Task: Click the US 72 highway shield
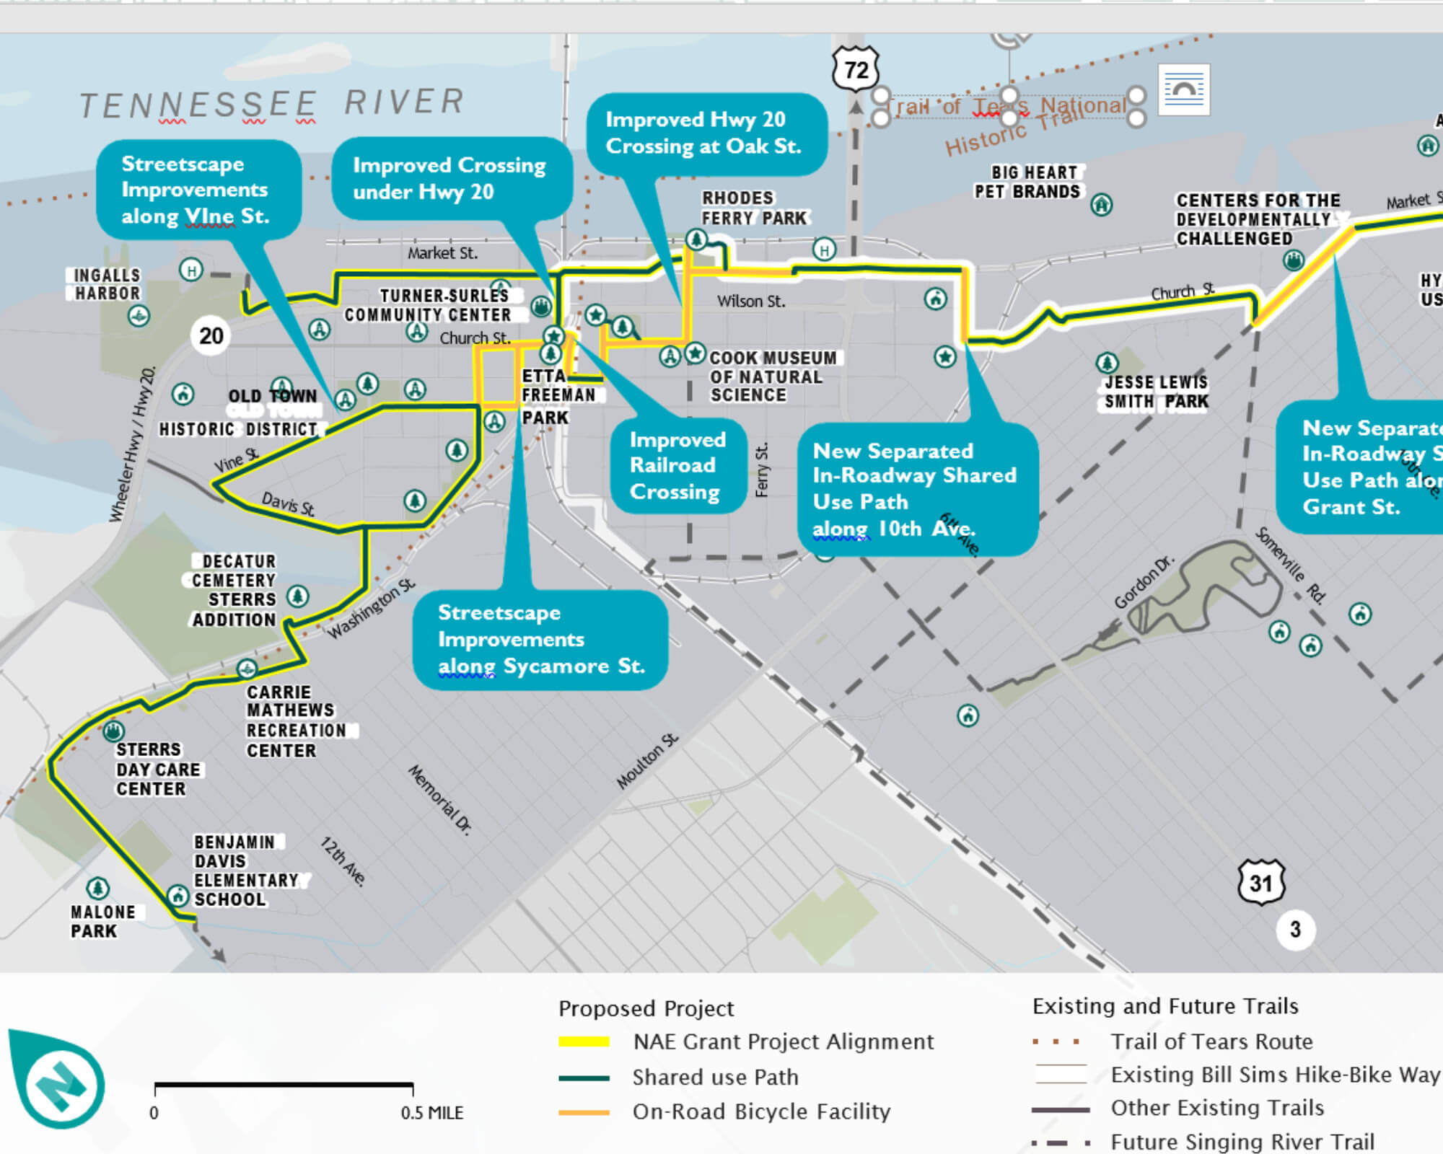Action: click(x=856, y=70)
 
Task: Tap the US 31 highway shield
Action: click(x=1260, y=882)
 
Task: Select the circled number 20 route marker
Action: click(x=211, y=335)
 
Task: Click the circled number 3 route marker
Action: click(x=1295, y=929)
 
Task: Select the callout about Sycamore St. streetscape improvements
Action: click(x=540, y=640)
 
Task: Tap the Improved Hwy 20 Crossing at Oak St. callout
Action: click(x=704, y=133)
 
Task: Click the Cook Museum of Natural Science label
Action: click(x=772, y=376)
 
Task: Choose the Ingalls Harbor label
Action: click(x=107, y=284)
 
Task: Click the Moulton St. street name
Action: click(x=648, y=761)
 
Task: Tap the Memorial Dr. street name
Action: click(x=440, y=799)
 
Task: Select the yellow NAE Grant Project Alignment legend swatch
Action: click(x=584, y=1041)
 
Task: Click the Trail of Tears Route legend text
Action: click(x=1211, y=1041)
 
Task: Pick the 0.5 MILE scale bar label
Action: click(x=432, y=1113)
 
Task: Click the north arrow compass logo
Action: click(x=58, y=1080)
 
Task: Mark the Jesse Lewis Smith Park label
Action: click(x=1156, y=392)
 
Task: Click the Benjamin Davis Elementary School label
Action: click(x=245, y=871)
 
